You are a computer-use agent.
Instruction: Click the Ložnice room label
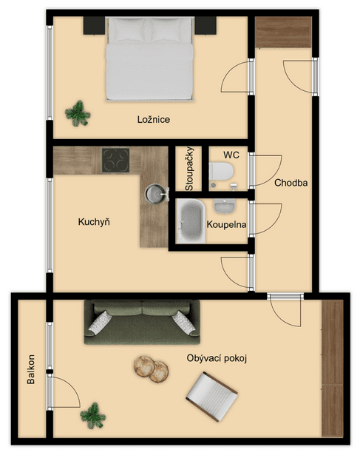point(154,119)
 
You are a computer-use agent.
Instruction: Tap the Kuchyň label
point(94,221)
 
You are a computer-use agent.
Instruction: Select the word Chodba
point(291,183)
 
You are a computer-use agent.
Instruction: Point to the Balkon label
point(30,369)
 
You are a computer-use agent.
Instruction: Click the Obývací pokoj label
point(217,358)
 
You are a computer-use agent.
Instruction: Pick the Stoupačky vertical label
point(189,169)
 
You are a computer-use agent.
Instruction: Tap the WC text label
point(231,155)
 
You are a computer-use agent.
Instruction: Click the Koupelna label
point(226,225)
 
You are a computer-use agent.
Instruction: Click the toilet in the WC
point(221,172)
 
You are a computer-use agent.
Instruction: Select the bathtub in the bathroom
point(191,221)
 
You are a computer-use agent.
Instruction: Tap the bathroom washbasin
point(224,206)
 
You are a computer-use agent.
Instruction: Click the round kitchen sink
point(155,194)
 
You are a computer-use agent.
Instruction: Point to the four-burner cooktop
point(116,161)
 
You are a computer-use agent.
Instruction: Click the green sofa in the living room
point(142,322)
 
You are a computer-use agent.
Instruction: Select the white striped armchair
point(212,396)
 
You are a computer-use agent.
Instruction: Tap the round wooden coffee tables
point(151,369)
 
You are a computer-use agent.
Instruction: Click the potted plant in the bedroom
point(78,113)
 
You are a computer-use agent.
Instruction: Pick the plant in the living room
point(93,416)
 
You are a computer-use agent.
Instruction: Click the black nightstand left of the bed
point(94,26)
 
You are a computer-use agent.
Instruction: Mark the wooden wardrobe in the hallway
point(283,32)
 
